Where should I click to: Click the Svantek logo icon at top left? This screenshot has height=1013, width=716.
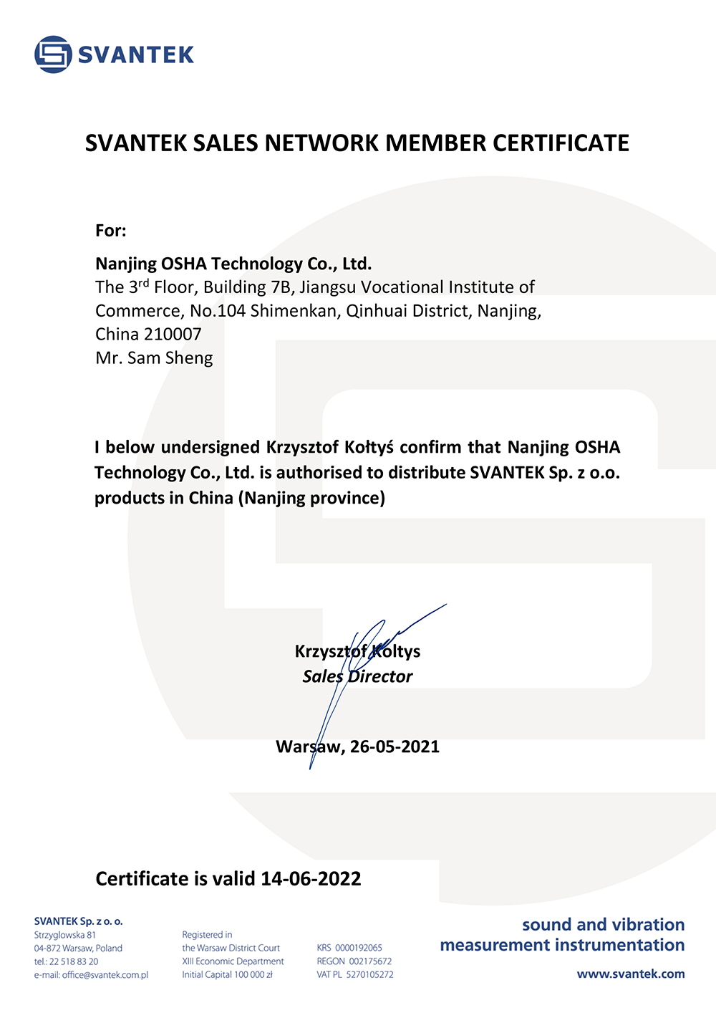[53, 54]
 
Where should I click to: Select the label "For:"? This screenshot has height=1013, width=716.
[111, 231]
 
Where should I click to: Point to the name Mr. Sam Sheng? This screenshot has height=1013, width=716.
[154, 358]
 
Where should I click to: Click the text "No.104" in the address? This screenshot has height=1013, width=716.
[218, 312]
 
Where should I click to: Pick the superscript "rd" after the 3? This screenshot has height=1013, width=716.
[144, 282]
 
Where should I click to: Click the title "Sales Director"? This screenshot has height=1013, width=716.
[357, 676]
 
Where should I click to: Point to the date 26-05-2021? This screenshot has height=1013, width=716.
[395, 746]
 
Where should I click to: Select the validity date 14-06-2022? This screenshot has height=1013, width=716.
[311, 879]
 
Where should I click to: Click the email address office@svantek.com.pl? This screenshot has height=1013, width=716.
[105, 974]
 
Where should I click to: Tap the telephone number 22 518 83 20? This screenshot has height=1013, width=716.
[74, 961]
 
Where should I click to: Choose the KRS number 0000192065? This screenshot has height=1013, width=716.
[359, 948]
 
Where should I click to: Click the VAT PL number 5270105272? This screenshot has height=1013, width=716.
[369, 974]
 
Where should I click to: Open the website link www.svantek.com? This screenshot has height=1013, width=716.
[631, 974]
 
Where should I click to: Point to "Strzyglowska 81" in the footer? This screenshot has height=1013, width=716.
[65, 935]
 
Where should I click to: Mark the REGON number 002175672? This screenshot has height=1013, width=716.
[370, 961]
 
